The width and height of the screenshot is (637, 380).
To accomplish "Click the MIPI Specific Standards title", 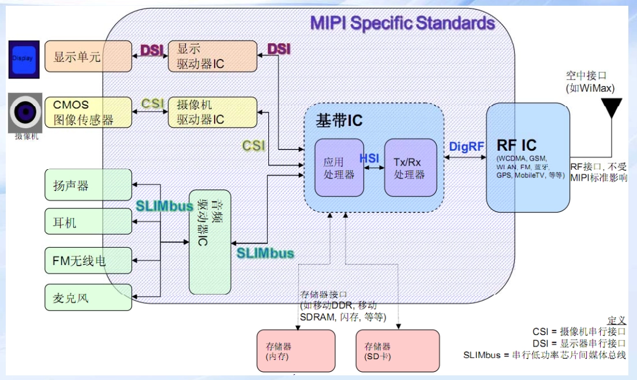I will click(x=402, y=23).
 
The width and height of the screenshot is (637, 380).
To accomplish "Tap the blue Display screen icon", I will click(x=24, y=59).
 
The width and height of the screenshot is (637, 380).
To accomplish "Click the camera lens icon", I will click(x=25, y=112).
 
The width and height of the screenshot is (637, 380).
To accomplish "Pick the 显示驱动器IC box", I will click(x=212, y=56).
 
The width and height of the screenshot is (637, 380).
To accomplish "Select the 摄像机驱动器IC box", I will click(x=212, y=112).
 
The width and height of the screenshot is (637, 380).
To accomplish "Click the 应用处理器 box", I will click(x=339, y=167).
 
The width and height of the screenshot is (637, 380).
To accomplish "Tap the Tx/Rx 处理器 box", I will click(x=410, y=167).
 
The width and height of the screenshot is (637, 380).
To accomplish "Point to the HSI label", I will click(x=369, y=158).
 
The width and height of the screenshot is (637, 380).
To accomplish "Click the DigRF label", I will click(x=466, y=147).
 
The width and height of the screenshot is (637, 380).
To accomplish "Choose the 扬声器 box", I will click(x=88, y=186).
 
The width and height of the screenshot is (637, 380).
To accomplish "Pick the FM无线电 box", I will click(x=88, y=260).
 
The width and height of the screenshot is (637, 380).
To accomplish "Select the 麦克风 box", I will click(x=88, y=297).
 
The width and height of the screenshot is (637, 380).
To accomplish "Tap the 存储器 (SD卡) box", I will click(x=398, y=351).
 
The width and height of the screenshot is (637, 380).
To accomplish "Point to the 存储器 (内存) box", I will click(x=295, y=351).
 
